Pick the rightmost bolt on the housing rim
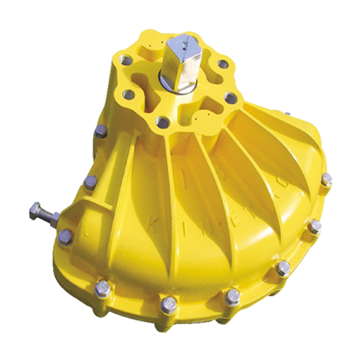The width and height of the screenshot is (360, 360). pos(327,180)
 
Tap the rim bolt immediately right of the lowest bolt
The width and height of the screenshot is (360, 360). pos(232,296)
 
